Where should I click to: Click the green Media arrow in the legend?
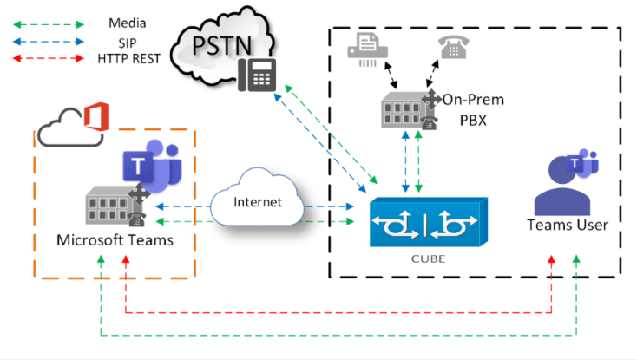(48, 22)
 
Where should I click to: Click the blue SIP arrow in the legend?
(48, 41)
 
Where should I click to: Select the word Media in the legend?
(128, 22)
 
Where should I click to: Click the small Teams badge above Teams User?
(579, 162)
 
